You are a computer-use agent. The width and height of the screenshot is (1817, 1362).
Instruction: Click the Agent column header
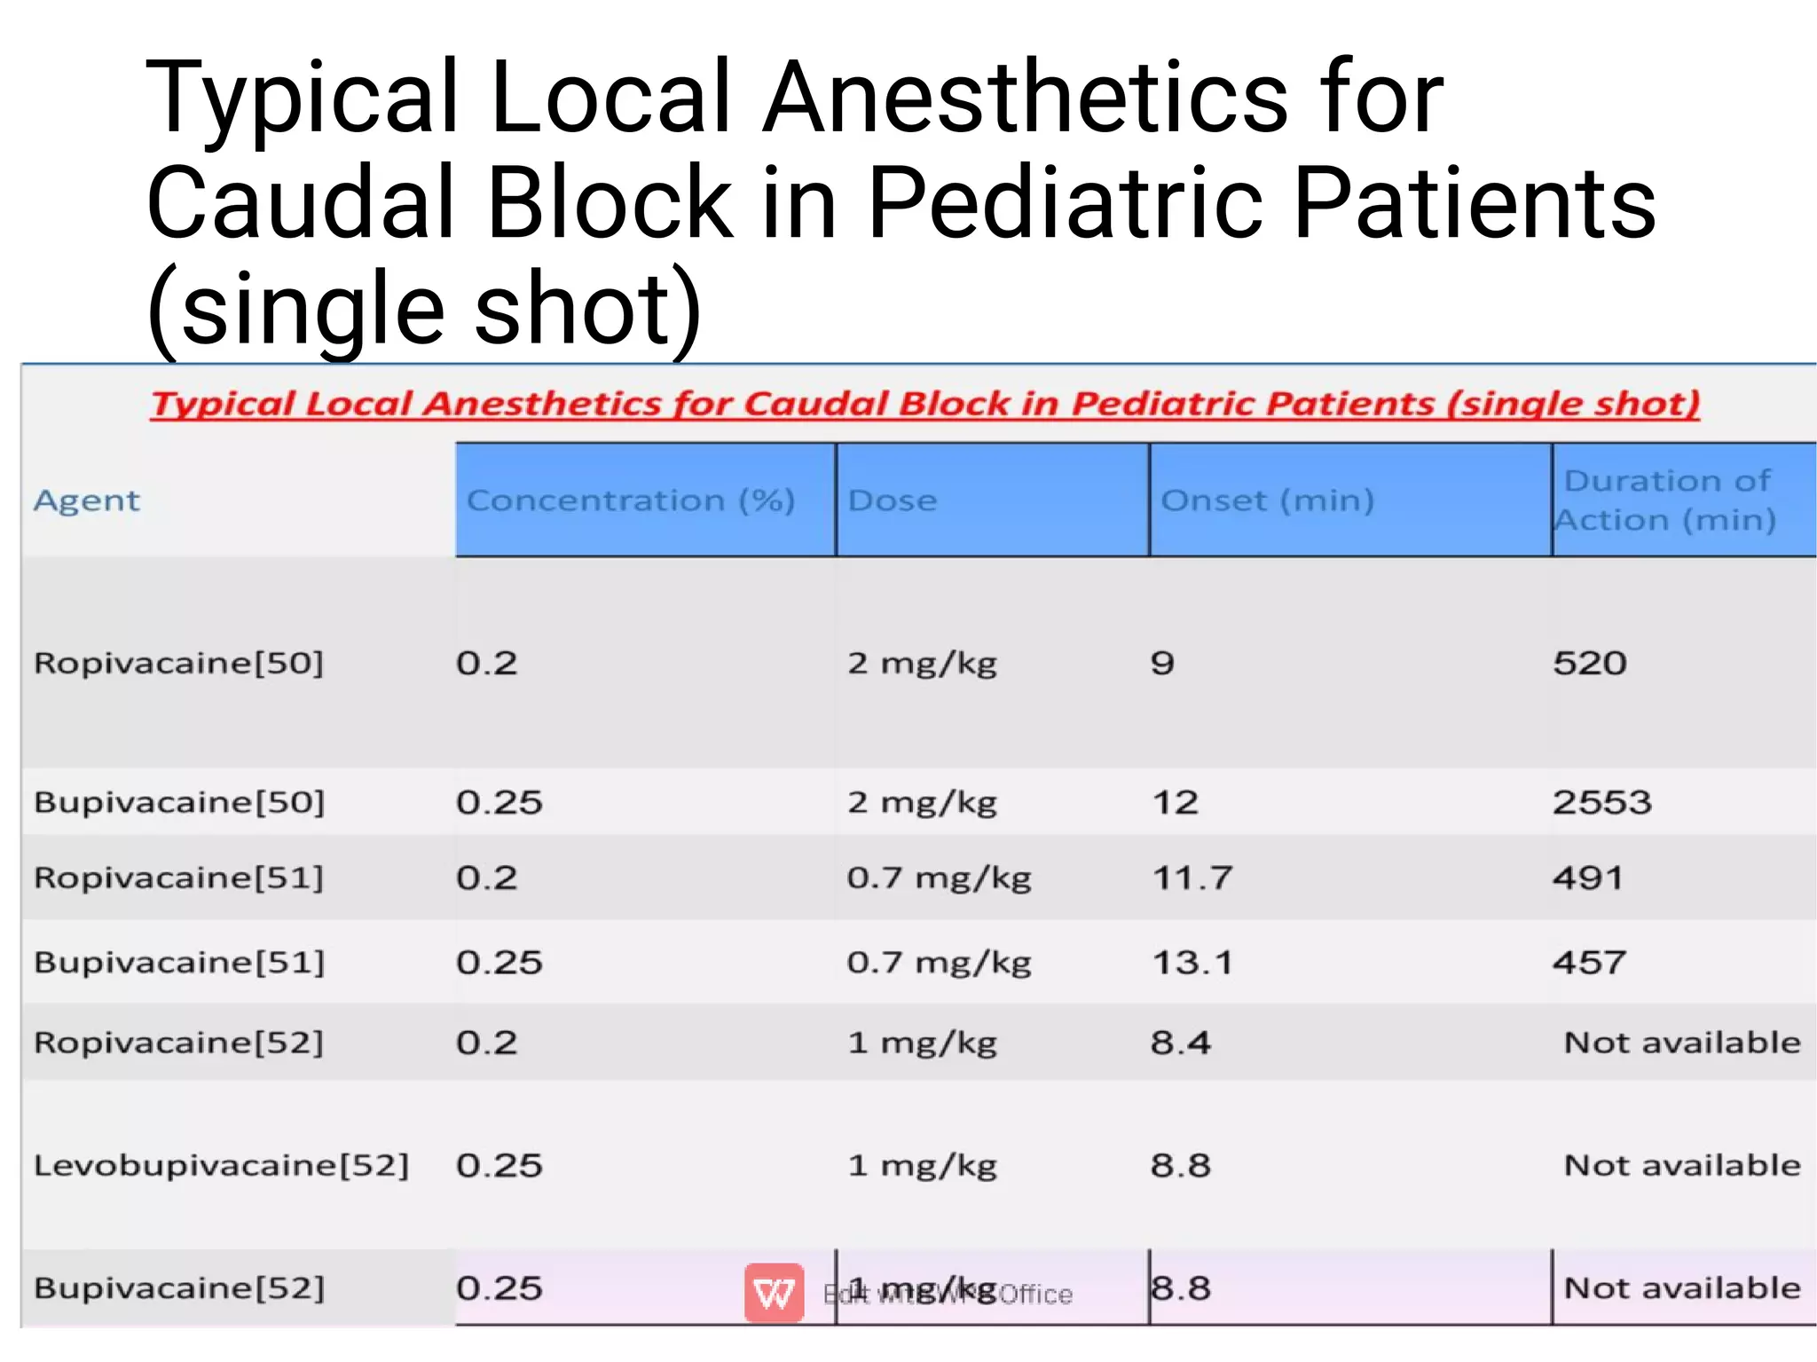pyautogui.click(x=87, y=501)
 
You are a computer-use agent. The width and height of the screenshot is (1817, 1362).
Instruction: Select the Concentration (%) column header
pyautogui.click(x=631, y=501)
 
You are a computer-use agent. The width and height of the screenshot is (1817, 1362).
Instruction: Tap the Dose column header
pyautogui.click(x=892, y=501)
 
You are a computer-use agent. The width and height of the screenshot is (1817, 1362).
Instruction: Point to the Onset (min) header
pyautogui.click(x=1267, y=501)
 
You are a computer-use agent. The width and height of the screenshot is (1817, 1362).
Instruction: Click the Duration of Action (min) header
pyautogui.click(x=1666, y=500)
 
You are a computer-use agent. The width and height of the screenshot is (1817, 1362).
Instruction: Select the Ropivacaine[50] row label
pyautogui.click(x=178, y=663)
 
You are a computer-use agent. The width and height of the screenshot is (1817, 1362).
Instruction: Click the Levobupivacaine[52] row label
pyautogui.click(x=221, y=1165)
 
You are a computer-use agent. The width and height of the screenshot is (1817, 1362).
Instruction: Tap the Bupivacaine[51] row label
pyautogui.click(x=179, y=962)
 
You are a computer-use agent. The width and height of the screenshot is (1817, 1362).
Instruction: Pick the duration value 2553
pyautogui.click(x=1601, y=802)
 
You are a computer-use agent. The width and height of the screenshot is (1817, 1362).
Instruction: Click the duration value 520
pyautogui.click(x=1589, y=663)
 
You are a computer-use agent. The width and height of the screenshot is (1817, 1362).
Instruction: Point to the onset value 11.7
pyautogui.click(x=1192, y=878)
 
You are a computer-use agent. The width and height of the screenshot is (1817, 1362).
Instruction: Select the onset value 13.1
pyautogui.click(x=1192, y=962)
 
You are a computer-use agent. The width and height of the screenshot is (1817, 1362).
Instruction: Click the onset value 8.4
pyautogui.click(x=1180, y=1043)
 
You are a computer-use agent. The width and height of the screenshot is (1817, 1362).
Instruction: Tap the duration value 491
pyautogui.click(x=1587, y=878)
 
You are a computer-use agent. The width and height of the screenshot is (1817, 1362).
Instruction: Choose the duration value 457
pyautogui.click(x=1589, y=962)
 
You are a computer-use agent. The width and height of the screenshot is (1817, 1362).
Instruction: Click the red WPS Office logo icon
pyautogui.click(x=774, y=1293)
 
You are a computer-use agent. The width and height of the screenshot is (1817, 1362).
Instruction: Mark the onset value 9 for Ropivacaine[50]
pyautogui.click(x=1162, y=663)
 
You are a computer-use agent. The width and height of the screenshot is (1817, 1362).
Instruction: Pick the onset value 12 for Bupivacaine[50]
pyautogui.click(x=1175, y=802)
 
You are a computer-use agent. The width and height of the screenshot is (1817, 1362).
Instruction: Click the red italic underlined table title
pyautogui.click(x=924, y=404)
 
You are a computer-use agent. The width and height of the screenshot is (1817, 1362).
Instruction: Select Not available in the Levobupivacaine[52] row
pyautogui.click(x=1681, y=1165)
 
